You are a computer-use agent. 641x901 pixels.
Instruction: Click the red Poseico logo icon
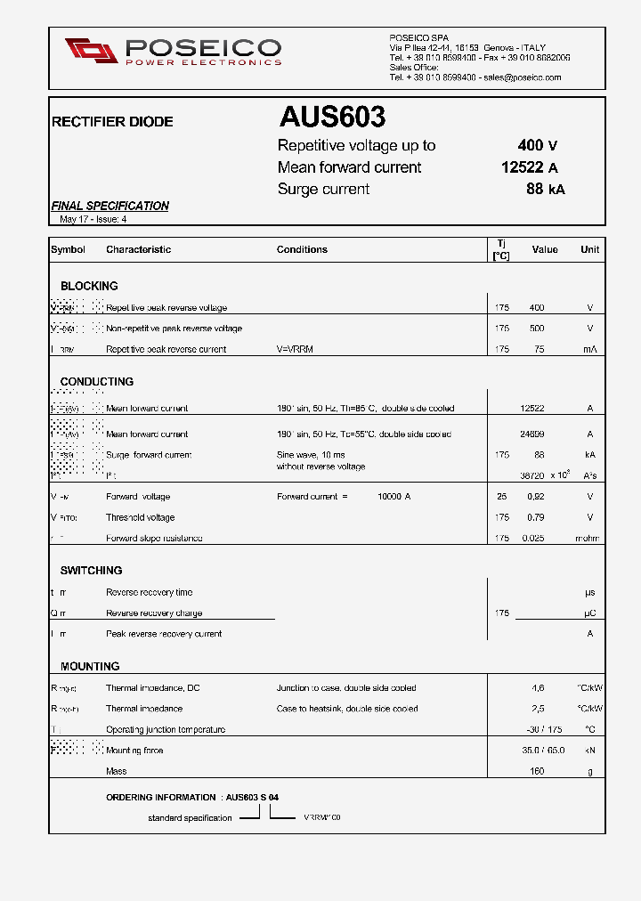click(x=91, y=51)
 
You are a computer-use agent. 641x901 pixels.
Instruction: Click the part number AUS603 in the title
click(x=332, y=118)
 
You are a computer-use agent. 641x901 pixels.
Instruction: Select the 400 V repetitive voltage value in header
click(x=537, y=146)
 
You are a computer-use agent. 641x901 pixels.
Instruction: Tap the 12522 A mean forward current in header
click(x=529, y=167)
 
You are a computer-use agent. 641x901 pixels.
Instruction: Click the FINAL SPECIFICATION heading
click(x=110, y=206)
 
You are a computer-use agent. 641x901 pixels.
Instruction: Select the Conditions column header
click(x=302, y=249)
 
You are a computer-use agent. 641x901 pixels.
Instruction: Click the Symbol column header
click(x=68, y=249)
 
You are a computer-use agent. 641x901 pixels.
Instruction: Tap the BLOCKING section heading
click(x=89, y=286)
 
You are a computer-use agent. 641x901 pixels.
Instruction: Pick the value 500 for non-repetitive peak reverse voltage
click(x=536, y=329)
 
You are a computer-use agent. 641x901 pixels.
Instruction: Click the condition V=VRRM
click(x=295, y=349)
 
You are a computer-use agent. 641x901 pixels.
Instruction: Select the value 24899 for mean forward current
click(x=532, y=434)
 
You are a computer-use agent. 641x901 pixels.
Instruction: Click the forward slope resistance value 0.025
click(x=532, y=538)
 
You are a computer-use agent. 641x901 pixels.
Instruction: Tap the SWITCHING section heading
click(x=91, y=570)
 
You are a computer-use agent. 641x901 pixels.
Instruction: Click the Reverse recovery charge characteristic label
click(x=154, y=613)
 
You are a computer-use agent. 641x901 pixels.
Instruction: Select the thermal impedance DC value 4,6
click(x=537, y=688)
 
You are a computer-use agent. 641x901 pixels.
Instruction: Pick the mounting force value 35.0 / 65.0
click(x=542, y=751)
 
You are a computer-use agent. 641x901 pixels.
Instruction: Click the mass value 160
click(x=537, y=771)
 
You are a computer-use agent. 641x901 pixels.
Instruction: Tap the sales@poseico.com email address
click(x=522, y=77)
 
